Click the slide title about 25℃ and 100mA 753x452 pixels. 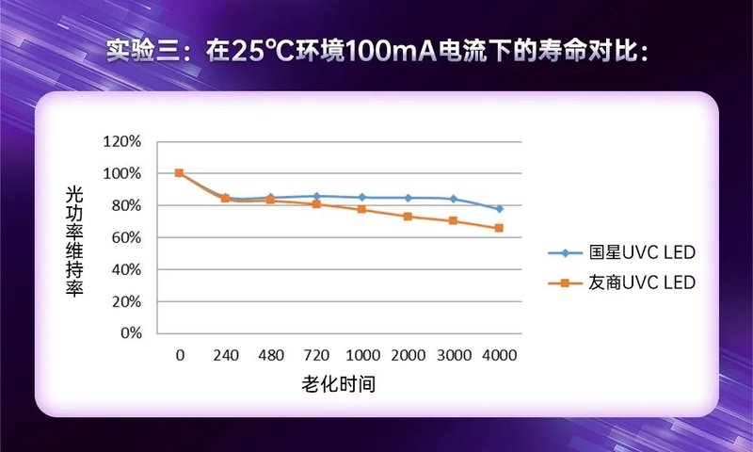(x=376, y=51)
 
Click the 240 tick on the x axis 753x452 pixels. (x=225, y=356)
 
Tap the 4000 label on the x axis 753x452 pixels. (x=499, y=356)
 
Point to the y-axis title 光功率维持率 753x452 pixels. (x=74, y=239)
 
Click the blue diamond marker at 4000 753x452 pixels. (x=499, y=208)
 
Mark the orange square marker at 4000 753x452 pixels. (x=499, y=228)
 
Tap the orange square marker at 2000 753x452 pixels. (x=408, y=217)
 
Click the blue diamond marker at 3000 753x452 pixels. (x=453, y=199)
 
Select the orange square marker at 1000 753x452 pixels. (x=361, y=209)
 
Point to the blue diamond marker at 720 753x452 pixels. (x=316, y=196)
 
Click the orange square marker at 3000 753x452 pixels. (x=453, y=220)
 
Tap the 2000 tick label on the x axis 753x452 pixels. (x=408, y=356)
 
